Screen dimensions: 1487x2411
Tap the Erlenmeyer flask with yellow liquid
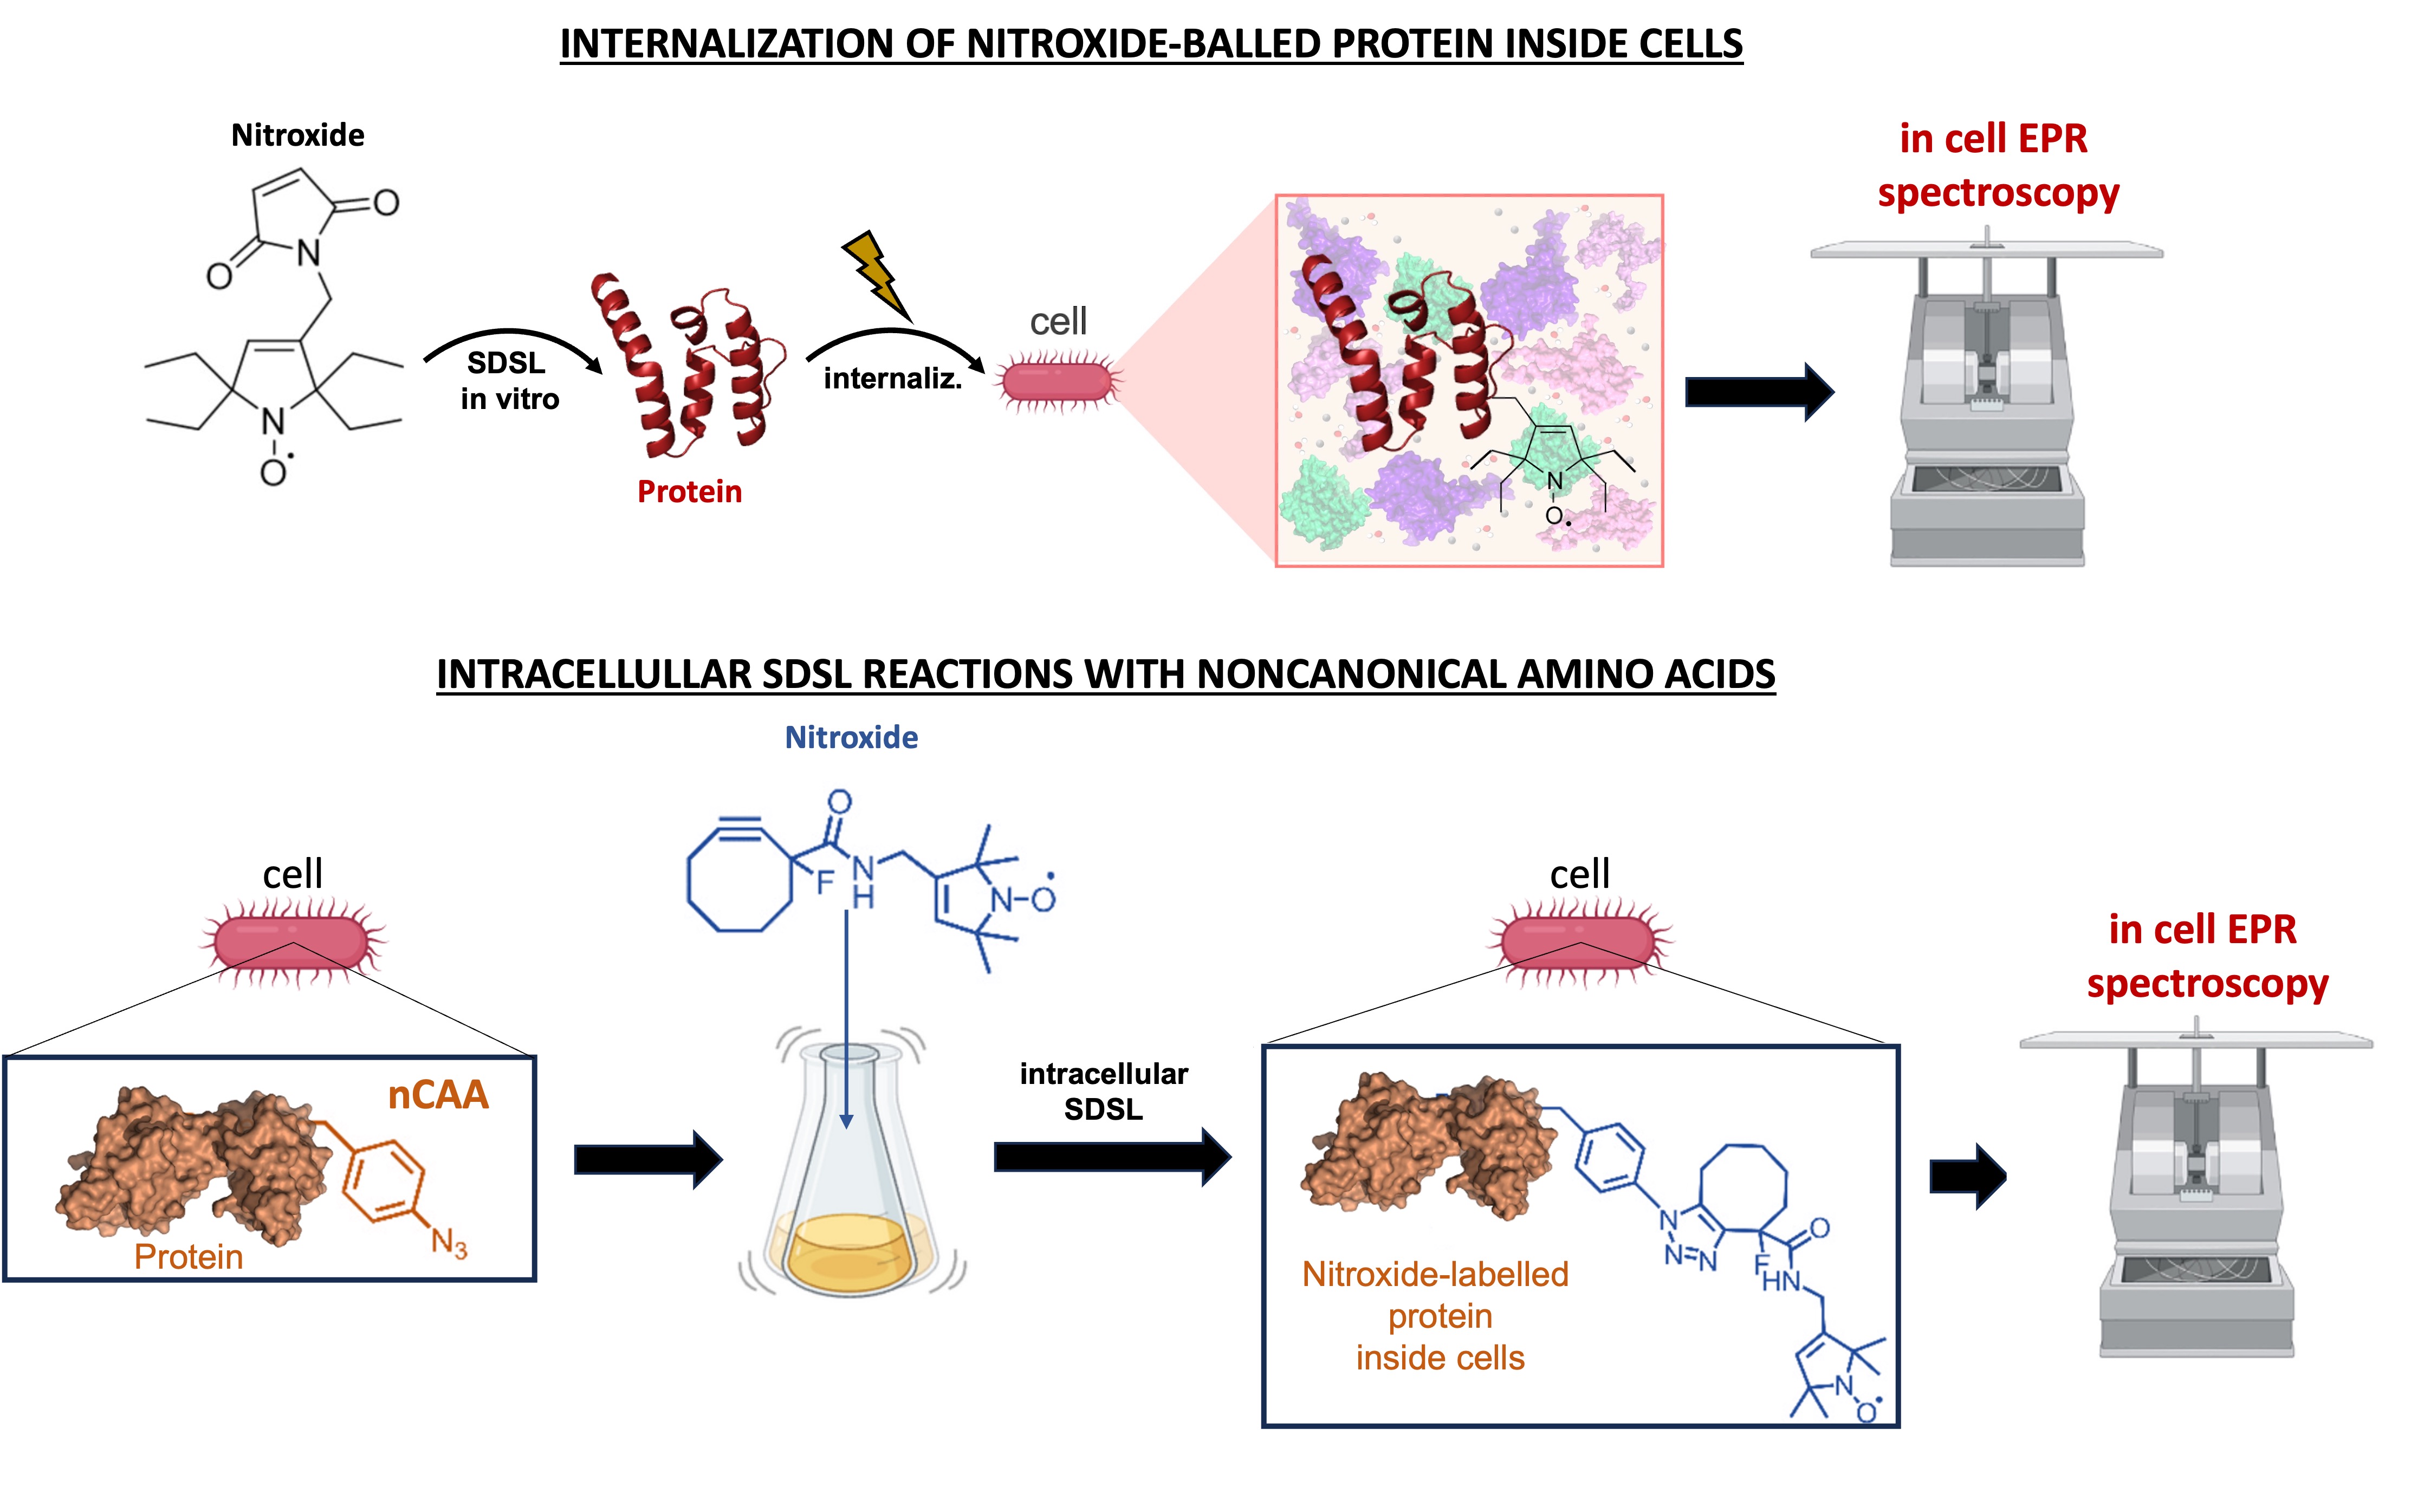click(850, 1180)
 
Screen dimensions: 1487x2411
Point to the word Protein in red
click(690, 492)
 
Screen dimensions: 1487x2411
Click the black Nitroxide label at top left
click(297, 135)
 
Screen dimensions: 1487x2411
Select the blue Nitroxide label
click(851, 738)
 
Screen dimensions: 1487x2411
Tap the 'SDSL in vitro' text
click(509, 381)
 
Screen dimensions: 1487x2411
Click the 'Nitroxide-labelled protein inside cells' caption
click(1436, 1316)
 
